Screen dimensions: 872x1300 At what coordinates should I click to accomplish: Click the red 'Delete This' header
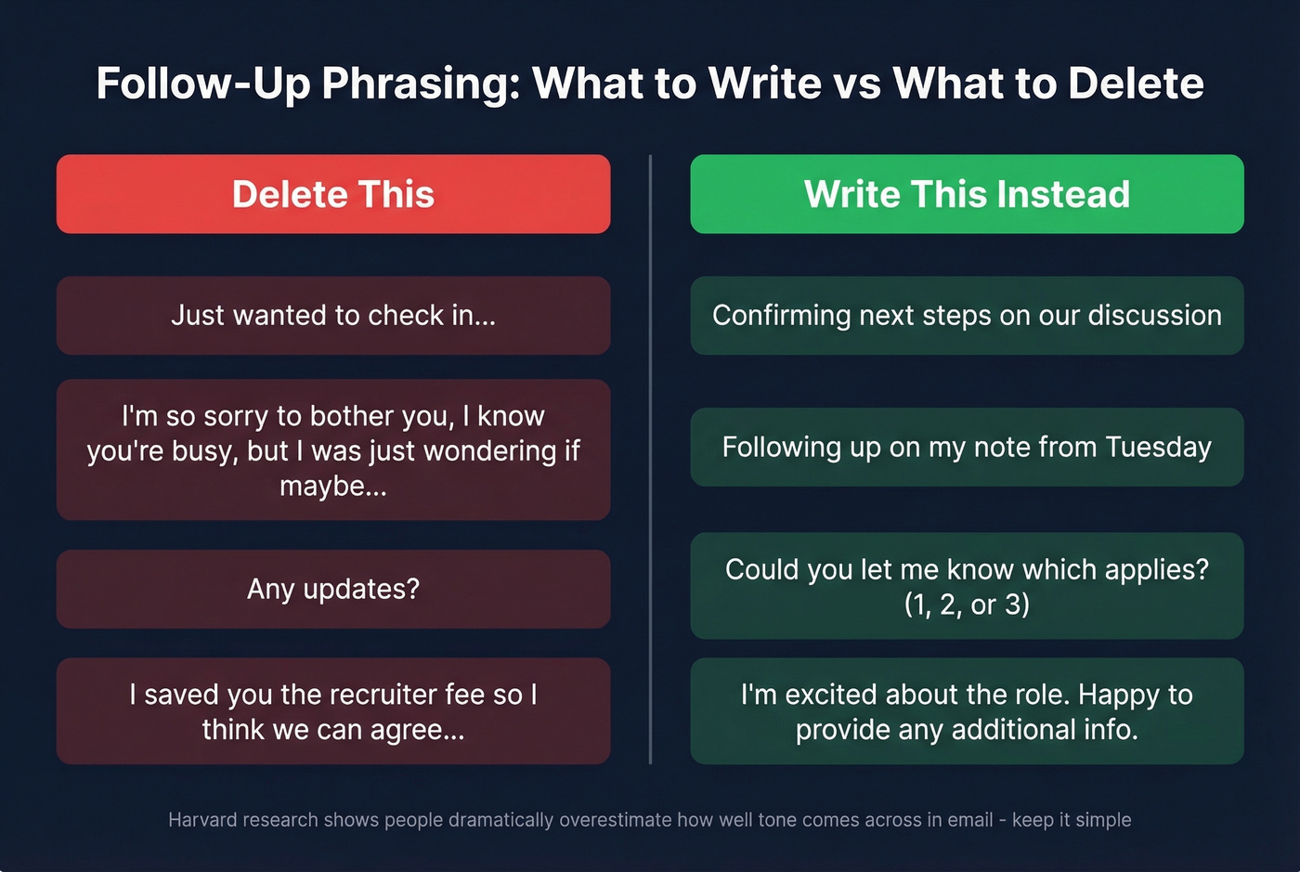333,194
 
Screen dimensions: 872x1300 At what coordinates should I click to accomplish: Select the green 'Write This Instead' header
967,194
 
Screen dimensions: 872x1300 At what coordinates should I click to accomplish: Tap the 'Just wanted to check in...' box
333,316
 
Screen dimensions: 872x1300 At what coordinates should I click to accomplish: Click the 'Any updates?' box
333,589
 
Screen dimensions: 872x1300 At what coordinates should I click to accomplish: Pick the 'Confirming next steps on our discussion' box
967,316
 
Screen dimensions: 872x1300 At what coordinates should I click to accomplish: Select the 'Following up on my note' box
967,447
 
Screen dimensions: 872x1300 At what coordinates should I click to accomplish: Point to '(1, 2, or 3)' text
967,605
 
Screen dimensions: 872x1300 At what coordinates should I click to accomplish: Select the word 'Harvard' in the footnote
202,820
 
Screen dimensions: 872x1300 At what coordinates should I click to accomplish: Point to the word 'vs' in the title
857,84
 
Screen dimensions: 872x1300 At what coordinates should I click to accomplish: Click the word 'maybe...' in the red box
333,486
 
